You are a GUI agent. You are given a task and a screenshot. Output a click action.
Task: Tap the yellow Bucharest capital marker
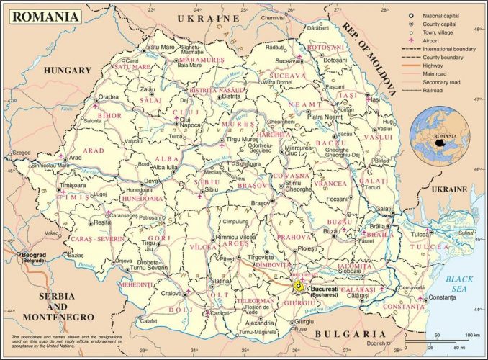coord(299,286)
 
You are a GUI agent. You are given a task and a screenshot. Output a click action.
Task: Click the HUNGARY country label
coord(68,70)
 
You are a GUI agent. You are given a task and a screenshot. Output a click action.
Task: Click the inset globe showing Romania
coord(440,135)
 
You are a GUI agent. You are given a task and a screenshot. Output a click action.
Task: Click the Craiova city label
coord(171,293)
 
